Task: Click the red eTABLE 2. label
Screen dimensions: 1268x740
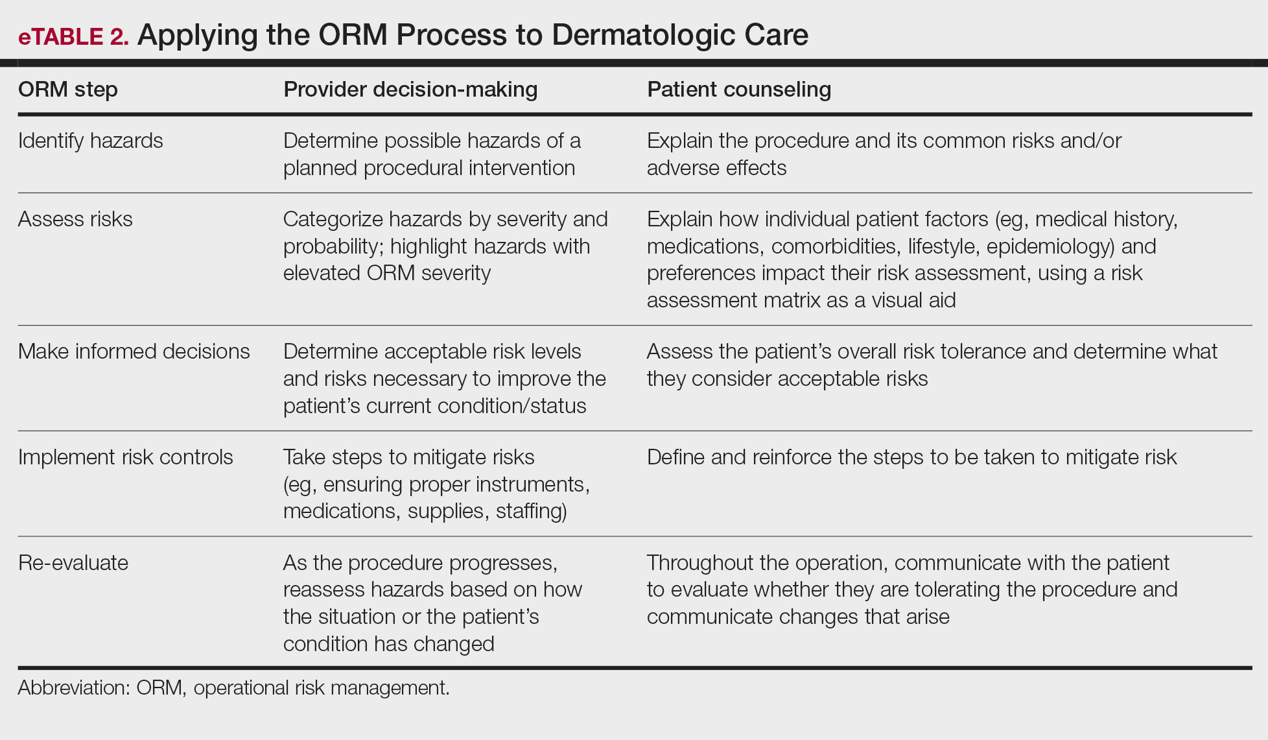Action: click(x=73, y=36)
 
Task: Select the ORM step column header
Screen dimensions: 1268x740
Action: click(x=68, y=90)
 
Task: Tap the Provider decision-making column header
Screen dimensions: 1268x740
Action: click(x=410, y=90)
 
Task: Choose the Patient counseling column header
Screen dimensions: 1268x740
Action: click(x=739, y=90)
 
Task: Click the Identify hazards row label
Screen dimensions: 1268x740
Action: click(x=91, y=141)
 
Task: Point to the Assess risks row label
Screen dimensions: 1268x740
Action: click(x=75, y=219)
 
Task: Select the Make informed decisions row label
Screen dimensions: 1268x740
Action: click(x=134, y=352)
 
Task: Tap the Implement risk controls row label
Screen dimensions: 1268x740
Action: click(x=126, y=457)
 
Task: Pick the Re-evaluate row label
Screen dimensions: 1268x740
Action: click(x=73, y=563)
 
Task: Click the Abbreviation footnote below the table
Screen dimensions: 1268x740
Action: click(x=233, y=687)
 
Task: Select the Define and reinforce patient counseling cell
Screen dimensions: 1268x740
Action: click(x=911, y=457)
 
